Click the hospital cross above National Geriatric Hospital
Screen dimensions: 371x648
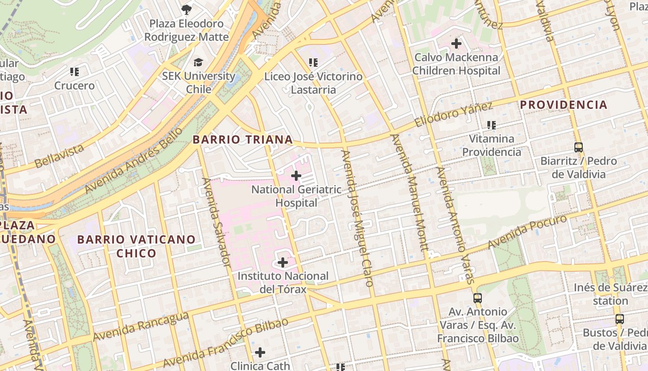click(296, 176)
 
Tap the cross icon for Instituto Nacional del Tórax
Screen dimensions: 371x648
click(282, 262)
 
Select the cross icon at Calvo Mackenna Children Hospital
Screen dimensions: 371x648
click(456, 44)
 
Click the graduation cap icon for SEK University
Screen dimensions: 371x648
click(198, 62)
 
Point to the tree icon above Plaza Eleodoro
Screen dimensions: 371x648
click(186, 9)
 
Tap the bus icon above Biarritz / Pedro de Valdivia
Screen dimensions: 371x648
click(578, 147)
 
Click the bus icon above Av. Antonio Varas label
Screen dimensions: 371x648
click(478, 298)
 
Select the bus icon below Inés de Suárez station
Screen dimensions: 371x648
click(619, 319)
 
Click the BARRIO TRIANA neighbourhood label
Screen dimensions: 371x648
click(243, 140)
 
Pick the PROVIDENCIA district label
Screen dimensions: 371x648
click(563, 105)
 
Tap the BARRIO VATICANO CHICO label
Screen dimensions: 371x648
click(136, 246)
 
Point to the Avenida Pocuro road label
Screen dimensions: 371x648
click(527, 231)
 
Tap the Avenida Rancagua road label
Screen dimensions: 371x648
click(141, 326)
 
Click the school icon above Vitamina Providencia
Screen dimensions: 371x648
click(492, 125)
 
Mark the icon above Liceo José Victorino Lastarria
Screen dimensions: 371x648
click(313, 62)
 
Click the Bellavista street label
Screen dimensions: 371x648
click(59, 156)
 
